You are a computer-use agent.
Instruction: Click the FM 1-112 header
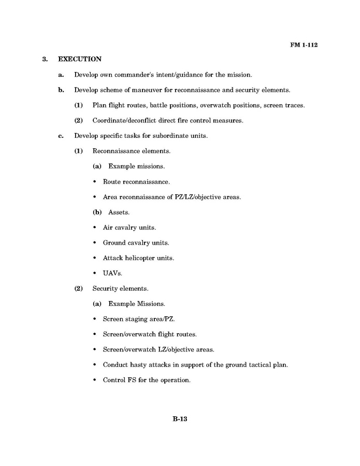303,45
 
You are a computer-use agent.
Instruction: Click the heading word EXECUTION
79,60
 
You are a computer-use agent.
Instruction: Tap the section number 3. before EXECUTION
45,60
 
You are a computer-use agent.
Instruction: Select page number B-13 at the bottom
180,419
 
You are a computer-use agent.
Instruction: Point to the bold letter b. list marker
61,90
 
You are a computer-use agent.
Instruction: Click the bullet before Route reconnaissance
95,182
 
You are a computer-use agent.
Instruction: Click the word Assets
119,213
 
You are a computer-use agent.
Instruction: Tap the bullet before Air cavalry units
95,228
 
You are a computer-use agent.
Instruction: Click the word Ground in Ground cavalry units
114,243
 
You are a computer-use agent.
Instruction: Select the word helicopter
142,258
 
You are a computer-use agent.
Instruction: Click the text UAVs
112,273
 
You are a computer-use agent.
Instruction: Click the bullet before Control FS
95,380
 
